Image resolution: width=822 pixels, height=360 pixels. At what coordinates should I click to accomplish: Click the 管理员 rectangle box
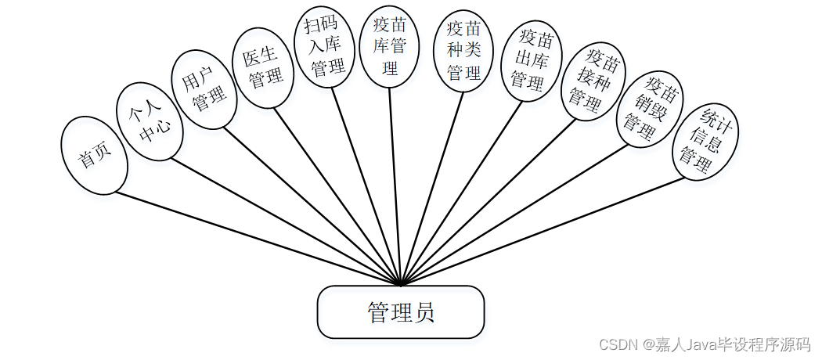(x=400, y=312)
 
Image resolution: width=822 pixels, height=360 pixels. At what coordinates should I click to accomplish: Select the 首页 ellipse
(x=93, y=156)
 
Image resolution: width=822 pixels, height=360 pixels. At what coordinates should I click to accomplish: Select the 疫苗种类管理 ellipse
(x=463, y=51)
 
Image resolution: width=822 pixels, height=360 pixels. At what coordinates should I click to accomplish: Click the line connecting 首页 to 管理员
(x=251, y=236)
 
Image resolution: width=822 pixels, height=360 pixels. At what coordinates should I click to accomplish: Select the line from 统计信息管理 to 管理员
(x=548, y=230)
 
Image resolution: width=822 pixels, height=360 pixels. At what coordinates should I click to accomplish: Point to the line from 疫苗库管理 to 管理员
(x=395, y=188)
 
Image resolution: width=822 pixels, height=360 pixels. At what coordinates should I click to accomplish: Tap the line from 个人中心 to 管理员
(x=282, y=220)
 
